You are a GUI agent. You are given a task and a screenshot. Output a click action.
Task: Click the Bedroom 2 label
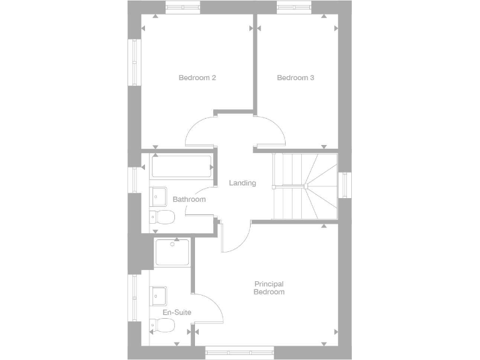(197, 78)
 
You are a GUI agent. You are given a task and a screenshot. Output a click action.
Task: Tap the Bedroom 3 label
(295, 78)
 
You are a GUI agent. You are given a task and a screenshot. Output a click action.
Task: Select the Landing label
(242, 183)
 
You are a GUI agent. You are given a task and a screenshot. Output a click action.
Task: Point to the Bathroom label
(189, 199)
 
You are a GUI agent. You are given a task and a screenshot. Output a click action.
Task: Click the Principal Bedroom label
(269, 288)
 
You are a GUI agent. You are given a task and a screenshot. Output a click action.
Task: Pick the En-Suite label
(176, 312)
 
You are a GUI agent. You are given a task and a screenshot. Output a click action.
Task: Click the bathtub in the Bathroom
(181, 167)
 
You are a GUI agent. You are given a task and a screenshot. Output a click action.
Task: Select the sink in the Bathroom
(158, 196)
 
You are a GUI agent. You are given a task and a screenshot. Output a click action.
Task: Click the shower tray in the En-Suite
(172, 253)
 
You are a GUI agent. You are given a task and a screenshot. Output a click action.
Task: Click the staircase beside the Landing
(305, 186)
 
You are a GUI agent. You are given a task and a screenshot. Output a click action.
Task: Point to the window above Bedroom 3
(294, 7)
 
